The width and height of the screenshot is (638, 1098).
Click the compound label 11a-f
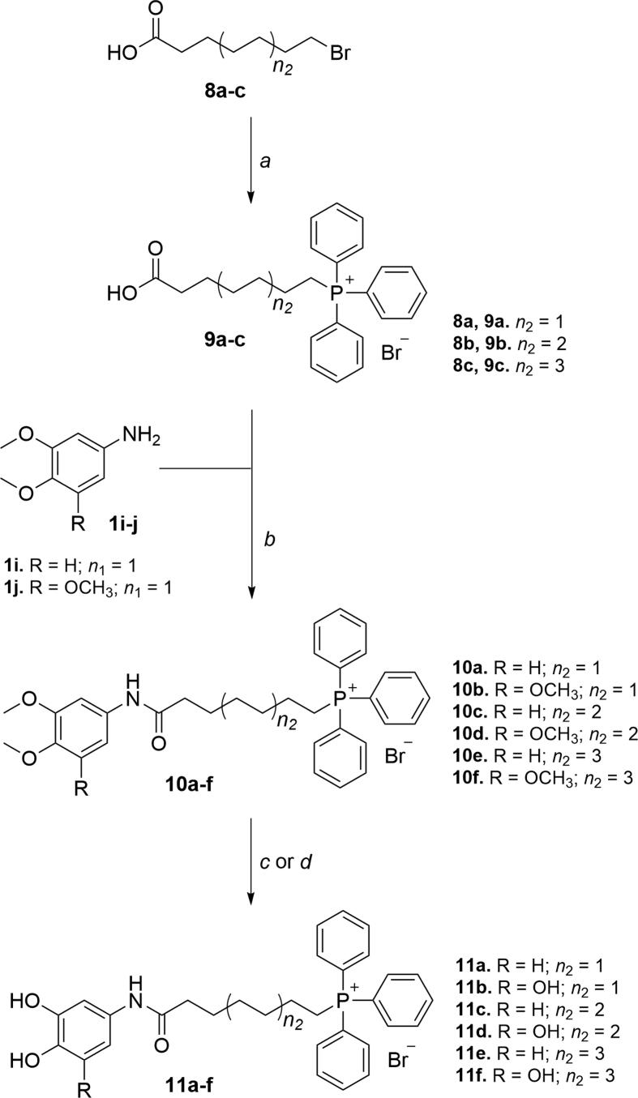point(201,1075)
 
